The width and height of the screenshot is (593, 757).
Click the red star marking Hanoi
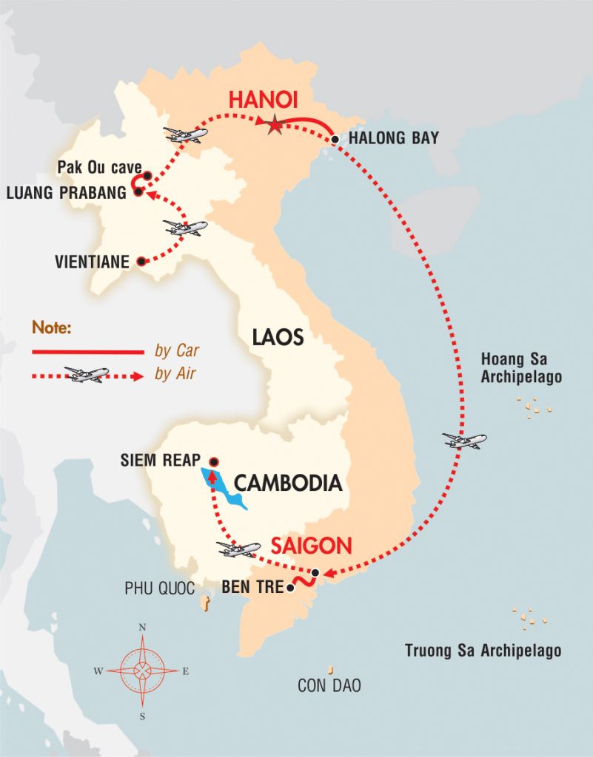[275, 126]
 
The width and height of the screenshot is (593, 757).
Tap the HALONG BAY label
[393, 138]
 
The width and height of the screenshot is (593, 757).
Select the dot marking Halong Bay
[335, 139]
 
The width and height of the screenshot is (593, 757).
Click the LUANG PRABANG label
[66, 193]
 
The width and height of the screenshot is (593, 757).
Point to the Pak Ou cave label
[99, 168]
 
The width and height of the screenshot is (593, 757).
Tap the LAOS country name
[278, 338]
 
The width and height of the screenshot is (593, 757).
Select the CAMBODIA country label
[288, 483]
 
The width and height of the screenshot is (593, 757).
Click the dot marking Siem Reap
[214, 461]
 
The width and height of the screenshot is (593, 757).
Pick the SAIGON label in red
[310, 546]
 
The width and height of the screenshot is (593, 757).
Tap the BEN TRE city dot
[290, 588]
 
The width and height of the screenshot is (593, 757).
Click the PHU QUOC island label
[159, 589]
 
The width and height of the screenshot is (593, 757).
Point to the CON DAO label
[329, 685]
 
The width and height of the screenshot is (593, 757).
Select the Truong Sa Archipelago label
[483, 651]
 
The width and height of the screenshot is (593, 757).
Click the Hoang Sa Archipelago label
[521, 368]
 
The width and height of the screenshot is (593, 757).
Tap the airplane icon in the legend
[87, 374]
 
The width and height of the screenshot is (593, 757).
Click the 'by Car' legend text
[177, 350]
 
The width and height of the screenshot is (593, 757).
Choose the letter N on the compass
[142, 628]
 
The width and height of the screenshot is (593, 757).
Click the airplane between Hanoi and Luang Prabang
[185, 135]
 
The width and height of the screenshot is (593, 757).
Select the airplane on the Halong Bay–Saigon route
[465, 441]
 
